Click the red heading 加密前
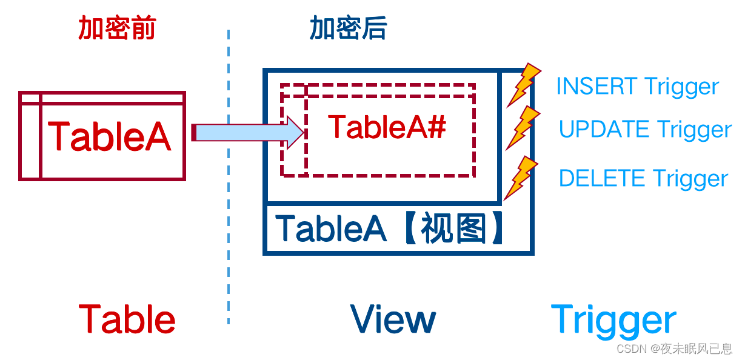116,28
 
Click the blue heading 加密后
348,28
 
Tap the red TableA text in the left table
110,136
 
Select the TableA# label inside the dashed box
387,127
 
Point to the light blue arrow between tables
249,133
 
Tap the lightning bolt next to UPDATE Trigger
523,127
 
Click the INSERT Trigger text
637,87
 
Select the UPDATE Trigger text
645,130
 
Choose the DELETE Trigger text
643,179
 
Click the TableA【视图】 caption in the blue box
390,229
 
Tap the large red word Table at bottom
127,319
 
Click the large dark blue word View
393,319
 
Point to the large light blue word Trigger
613,321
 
